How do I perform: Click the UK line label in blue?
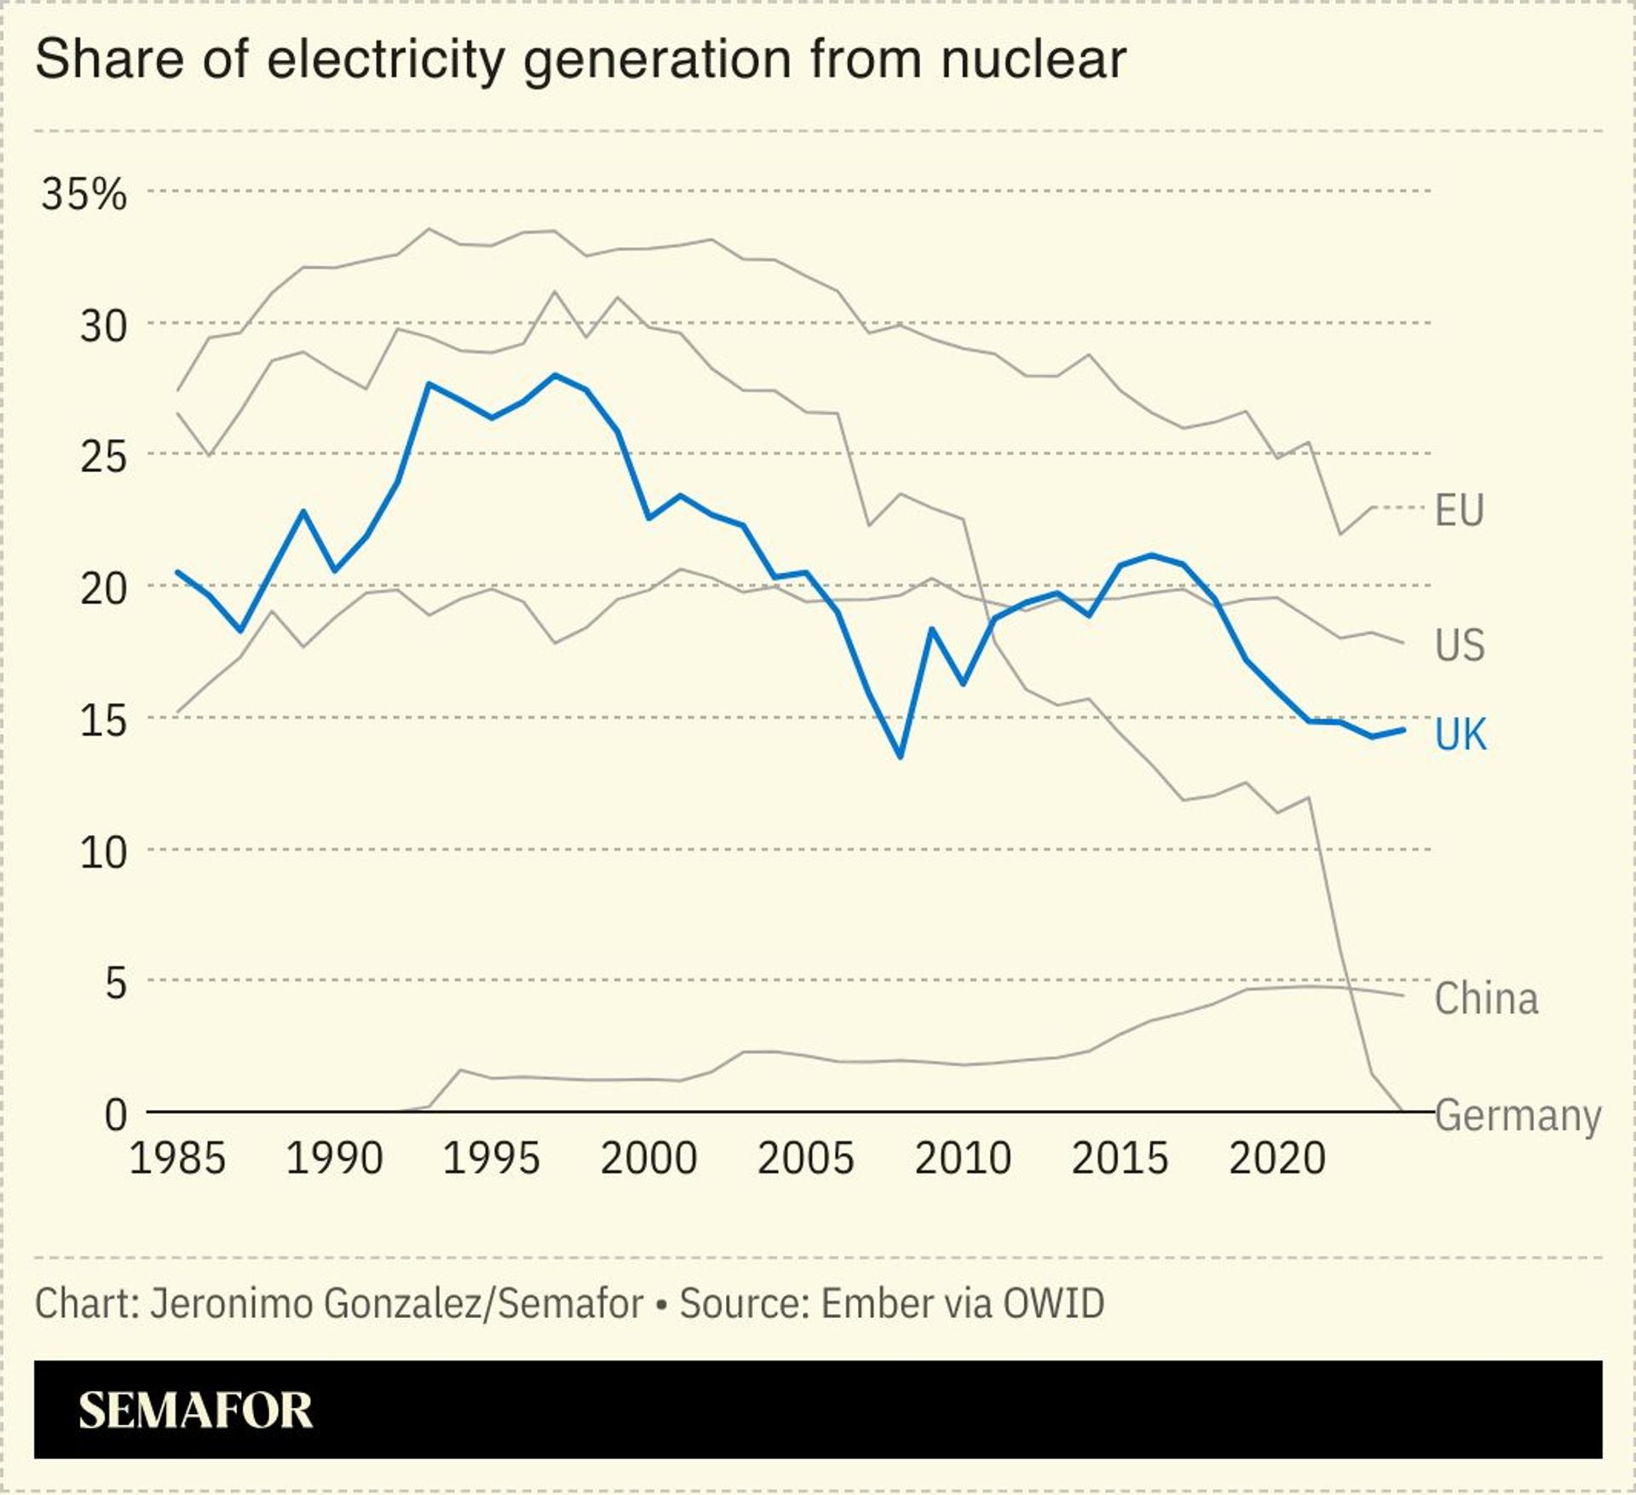pyautogui.click(x=1460, y=734)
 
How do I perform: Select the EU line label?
pyautogui.click(x=1460, y=510)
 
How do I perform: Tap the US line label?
pyautogui.click(x=1460, y=644)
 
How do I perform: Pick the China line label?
pyautogui.click(x=1486, y=998)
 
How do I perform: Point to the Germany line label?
pyautogui.click(x=1518, y=1116)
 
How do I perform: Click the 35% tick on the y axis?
pyautogui.click(x=84, y=194)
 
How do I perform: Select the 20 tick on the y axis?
pyautogui.click(x=103, y=588)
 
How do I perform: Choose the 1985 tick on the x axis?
pyautogui.click(x=177, y=1158)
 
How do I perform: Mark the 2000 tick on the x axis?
pyautogui.click(x=648, y=1158)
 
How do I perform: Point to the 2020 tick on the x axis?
pyautogui.click(x=1277, y=1158)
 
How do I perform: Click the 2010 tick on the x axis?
pyautogui.click(x=963, y=1158)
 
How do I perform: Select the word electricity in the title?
pyautogui.click(x=385, y=61)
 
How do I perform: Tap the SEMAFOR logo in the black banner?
pyautogui.click(x=195, y=1410)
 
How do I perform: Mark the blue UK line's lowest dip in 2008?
pyautogui.click(x=900, y=756)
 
